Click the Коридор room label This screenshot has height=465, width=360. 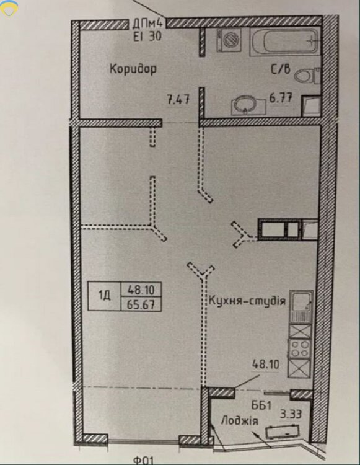coord(133,69)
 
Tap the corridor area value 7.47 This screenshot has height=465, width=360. coord(178,99)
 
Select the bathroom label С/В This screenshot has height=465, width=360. coord(281,69)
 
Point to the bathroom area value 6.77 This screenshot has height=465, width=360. coord(281,98)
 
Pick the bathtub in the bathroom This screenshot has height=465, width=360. coord(285,42)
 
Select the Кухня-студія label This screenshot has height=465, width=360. coord(247,301)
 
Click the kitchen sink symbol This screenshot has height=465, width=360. coord(301,306)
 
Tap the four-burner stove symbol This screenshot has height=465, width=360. coord(300,348)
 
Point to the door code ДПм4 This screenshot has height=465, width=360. coord(149,24)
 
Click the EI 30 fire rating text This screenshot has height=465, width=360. coord(147,36)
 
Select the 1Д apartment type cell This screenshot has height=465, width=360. coord(104,296)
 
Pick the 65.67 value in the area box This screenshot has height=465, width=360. coord(141,304)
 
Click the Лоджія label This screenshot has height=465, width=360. coord(239,421)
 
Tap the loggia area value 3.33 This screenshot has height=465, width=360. coord(291,414)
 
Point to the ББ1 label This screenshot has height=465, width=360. coord(261,405)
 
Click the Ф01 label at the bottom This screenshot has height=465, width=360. coord(143,461)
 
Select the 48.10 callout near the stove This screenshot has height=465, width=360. coord(265,364)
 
